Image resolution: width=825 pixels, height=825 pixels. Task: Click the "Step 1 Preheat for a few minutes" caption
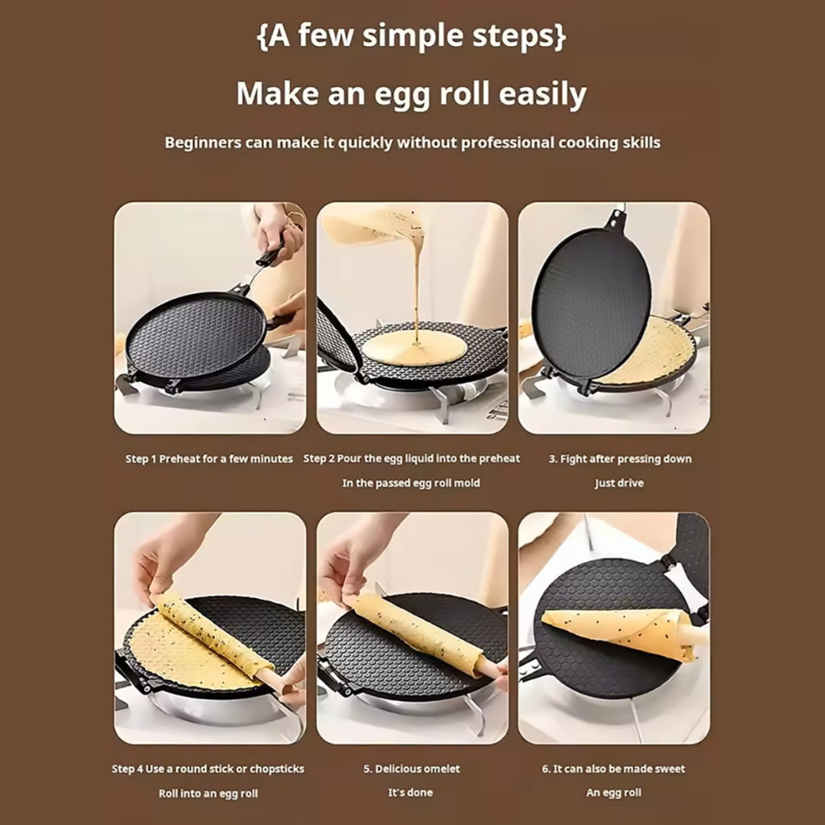(209, 458)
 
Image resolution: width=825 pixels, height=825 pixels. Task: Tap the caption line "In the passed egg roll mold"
(411, 483)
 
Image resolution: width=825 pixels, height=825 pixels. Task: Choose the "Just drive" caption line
(620, 483)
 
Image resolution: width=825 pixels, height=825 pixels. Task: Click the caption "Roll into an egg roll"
(209, 794)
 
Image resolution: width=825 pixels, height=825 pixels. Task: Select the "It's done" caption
(410, 793)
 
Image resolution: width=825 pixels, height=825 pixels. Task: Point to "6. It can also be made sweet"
(613, 769)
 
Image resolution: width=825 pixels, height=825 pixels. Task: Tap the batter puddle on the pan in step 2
(414, 348)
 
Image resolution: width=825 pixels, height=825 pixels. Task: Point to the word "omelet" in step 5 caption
(439, 769)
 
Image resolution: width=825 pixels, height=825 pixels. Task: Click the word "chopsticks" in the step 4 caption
(277, 769)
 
